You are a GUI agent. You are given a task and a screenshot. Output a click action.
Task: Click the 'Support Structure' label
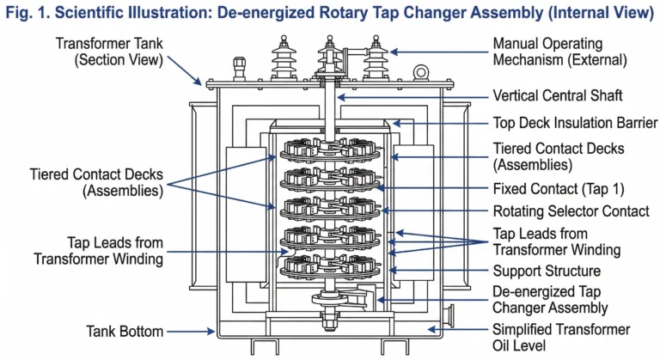tap(546, 272)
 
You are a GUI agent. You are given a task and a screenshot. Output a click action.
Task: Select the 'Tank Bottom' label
tap(125, 330)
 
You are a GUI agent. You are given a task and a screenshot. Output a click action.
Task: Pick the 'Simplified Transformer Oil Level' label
tap(560, 338)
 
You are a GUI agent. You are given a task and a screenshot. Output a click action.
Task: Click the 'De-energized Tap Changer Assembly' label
tap(550, 299)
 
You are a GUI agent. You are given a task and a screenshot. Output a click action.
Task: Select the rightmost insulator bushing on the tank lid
tap(376, 60)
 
